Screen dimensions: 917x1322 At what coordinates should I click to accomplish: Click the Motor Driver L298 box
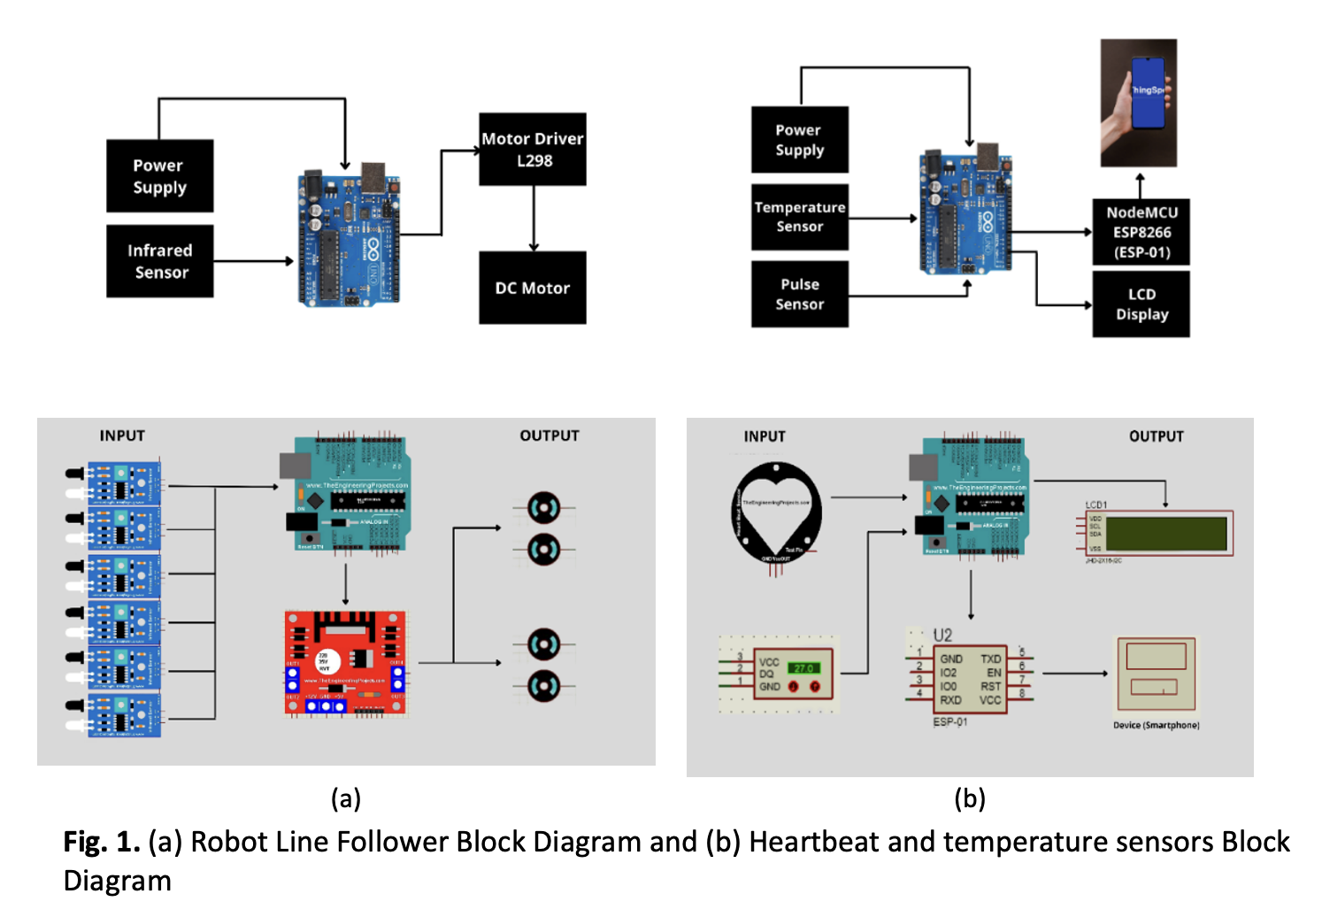click(533, 150)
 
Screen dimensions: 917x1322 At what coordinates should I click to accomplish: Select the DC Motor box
click(533, 288)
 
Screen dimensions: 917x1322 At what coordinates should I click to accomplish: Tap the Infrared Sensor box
click(160, 261)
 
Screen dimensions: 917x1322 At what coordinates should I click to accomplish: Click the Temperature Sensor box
click(800, 217)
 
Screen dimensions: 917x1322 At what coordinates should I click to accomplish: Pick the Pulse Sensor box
click(800, 294)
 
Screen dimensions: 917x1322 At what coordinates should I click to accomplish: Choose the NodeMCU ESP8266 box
click(1141, 232)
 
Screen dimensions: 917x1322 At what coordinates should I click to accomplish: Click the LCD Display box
click(1141, 304)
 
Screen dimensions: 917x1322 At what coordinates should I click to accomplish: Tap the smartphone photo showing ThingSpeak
click(1139, 103)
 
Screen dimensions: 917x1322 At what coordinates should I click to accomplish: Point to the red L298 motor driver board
click(346, 662)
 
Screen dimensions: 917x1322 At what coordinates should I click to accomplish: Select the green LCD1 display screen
click(1166, 534)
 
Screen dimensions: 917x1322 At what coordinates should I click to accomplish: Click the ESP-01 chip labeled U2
click(971, 679)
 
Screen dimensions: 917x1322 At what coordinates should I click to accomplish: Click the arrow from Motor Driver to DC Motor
click(534, 219)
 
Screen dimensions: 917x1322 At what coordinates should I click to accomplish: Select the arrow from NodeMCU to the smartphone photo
click(1141, 185)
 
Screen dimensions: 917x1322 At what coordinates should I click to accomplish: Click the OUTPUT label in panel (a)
click(550, 435)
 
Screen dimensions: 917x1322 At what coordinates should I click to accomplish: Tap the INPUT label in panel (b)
click(765, 436)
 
